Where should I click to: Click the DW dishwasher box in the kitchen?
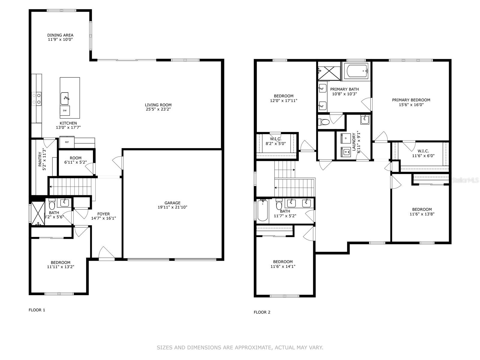[65, 111]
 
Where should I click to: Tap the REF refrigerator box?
[67, 142]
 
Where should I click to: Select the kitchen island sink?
[65, 99]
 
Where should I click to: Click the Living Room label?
[158, 105]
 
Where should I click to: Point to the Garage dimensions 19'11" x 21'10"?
[172, 207]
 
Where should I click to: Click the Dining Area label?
[60, 35]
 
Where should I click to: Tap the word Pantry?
[40, 159]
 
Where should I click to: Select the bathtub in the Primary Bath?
[356, 71]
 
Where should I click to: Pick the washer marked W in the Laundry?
[346, 151]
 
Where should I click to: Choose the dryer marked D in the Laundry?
[346, 138]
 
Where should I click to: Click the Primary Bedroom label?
[411, 100]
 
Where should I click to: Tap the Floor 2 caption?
[262, 312]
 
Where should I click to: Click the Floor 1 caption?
[37, 310]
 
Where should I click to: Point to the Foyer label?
[104, 214]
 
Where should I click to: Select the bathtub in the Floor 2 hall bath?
[262, 211]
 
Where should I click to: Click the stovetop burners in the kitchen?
[37, 99]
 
